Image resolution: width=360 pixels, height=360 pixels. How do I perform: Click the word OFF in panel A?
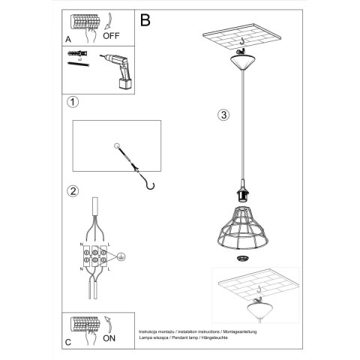[112, 34]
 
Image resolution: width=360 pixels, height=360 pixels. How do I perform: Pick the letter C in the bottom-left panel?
[68, 342]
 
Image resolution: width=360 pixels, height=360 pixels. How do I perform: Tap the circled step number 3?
[223, 115]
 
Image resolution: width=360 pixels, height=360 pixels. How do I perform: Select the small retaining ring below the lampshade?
[242, 259]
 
